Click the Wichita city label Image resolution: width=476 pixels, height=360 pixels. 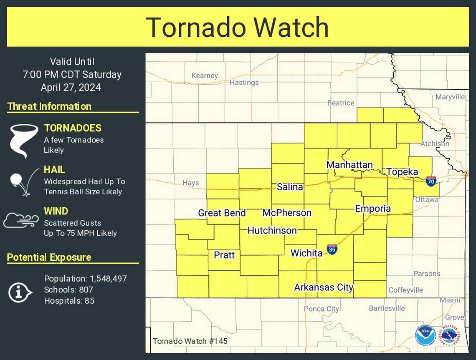pos(306,253)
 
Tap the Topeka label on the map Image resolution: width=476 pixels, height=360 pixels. pos(402,172)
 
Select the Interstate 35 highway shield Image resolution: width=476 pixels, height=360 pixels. pos(332,249)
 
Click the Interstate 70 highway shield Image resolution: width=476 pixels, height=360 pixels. pos(431,181)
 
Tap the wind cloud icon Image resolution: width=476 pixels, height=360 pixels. pos(21,220)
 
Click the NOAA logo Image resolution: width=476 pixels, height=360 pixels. pos(425,335)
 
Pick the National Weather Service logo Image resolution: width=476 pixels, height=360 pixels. pos(449,335)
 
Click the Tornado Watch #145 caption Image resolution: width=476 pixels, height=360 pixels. pos(190,341)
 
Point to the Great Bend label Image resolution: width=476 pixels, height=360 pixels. pos(222,213)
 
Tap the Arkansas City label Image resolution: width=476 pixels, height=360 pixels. pos(324,287)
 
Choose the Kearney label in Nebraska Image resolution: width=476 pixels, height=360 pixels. pos(205,76)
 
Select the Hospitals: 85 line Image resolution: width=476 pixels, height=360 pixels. pos(69,300)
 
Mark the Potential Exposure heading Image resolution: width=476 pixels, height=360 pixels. pos(49,257)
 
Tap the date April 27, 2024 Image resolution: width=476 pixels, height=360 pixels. pos(71,88)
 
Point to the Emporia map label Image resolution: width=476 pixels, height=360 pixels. pos(373,209)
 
